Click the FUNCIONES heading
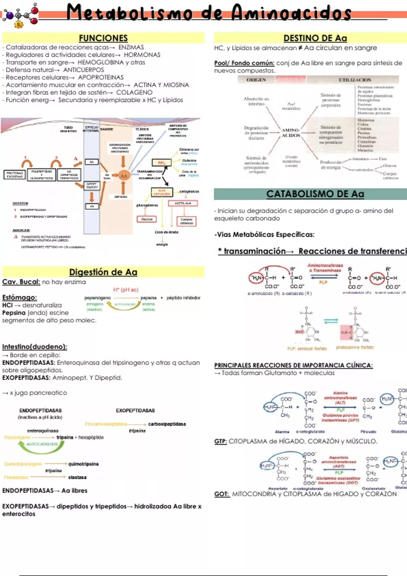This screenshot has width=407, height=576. click(x=103, y=38)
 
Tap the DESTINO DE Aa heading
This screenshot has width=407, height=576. click(x=315, y=38)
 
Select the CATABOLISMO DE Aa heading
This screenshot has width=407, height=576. click(x=315, y=194)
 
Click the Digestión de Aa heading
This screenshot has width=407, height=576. click(x=103, y=272)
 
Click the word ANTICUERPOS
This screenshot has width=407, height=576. click(x=83, y=70)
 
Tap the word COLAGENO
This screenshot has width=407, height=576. click(x=134, y=92)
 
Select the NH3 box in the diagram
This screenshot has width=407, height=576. click(x=161, y=163)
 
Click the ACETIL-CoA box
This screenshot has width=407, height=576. click(x=183, y=203)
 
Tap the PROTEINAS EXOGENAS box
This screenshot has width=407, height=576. click(x=15, y=174)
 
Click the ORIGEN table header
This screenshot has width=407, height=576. click(x=256, y=80)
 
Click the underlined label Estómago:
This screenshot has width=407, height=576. click(x=19, y=297)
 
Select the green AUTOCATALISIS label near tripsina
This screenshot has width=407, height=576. click(x=42, y=444)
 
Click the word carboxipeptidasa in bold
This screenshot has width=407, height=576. click(x=167, y=424)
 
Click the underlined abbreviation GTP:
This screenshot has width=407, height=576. click(x=220, y=441)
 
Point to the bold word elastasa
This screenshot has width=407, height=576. click(x=77, y=477)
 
